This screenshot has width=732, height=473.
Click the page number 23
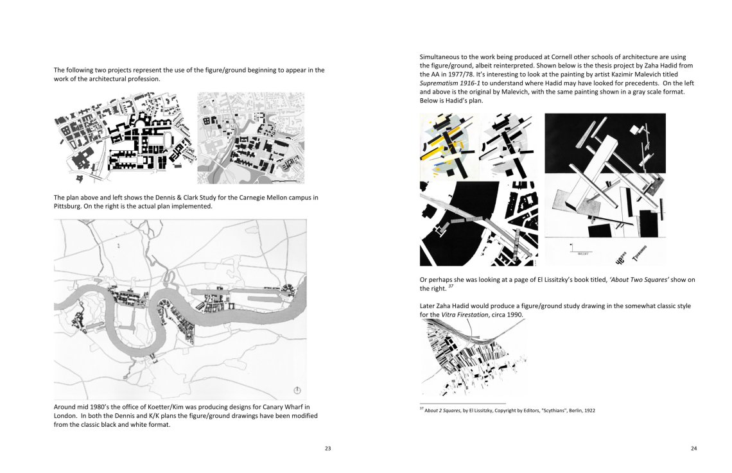[327, 448]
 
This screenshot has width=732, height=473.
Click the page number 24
[693, 448]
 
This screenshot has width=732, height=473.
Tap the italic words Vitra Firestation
[464, 315]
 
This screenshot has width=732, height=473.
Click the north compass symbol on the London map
[297, 390]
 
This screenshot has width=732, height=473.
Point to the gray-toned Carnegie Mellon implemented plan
[250, 139]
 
